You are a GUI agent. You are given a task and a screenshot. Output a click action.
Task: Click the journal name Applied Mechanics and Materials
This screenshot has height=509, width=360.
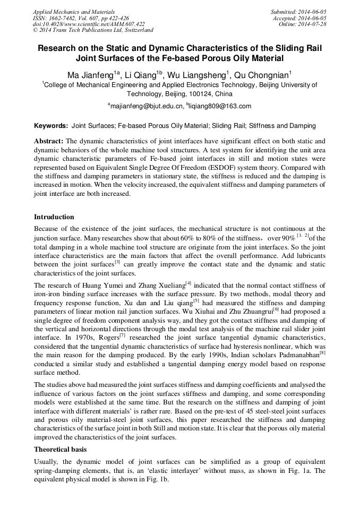click(x=73, y=11)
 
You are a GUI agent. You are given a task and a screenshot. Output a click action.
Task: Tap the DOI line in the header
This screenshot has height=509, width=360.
click(x=89, y=24)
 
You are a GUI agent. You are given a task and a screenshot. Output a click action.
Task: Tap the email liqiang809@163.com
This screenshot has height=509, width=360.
click(x=220, y=106)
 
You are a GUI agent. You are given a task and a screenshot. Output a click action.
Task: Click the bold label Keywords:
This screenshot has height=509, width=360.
click(x=51, y=126)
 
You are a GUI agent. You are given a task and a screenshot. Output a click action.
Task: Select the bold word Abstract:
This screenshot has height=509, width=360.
click(x=49, y=141)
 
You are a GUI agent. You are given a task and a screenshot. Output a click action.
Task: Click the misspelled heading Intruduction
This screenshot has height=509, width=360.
click(x=54, y=217)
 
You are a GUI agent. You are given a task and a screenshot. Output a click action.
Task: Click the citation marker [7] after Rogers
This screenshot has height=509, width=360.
click(x=122, y=335)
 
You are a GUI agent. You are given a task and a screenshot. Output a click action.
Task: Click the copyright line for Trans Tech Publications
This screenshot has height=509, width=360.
click(x=93, y=30)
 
